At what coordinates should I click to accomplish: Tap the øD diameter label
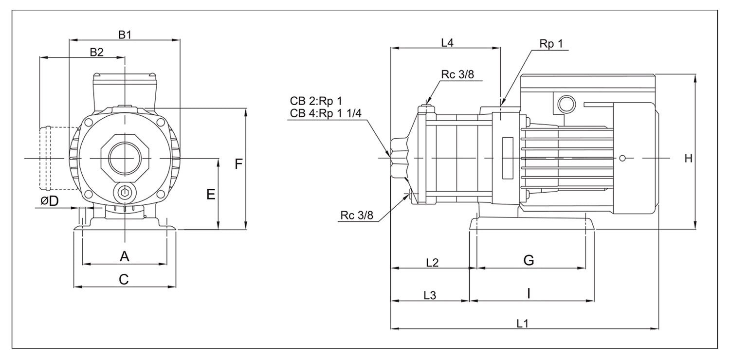(x=50, y=201)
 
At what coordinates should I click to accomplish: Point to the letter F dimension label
(x=238, y=164)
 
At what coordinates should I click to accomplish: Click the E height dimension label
(x=211, y=195)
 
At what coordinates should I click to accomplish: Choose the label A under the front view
(x=125, y=256)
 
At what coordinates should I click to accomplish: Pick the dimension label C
(x=124, y=279)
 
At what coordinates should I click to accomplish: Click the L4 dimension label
(x=447, y=42)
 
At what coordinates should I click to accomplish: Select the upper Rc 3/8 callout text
(x=457, y=74)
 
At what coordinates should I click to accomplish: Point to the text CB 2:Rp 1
(x=316, y=102)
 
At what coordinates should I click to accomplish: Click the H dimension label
(x=688, y=159)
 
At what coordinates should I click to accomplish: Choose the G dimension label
(x=529, y=260)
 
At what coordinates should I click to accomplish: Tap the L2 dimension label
(x=432, y=263)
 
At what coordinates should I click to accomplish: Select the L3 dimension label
(x=430, y=295)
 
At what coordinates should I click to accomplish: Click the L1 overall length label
(x=523, y=323)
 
